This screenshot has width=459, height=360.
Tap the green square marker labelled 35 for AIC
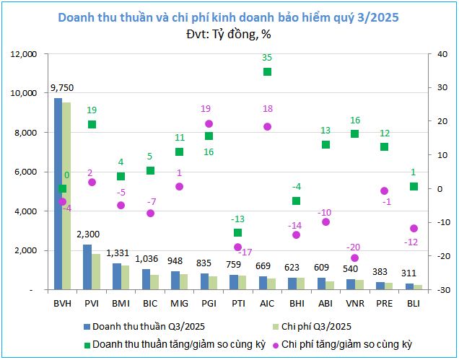[267, 71]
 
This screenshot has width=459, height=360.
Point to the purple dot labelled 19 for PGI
[209, 124]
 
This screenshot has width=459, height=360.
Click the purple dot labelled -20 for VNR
[354, 258]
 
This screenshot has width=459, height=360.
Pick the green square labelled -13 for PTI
[238, 232]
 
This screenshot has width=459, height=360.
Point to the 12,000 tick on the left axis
[24, 54]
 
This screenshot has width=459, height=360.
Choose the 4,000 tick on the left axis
[27, 211]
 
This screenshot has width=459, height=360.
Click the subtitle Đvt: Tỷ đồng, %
[229, 33]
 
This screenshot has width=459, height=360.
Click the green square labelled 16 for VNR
[354, 133]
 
